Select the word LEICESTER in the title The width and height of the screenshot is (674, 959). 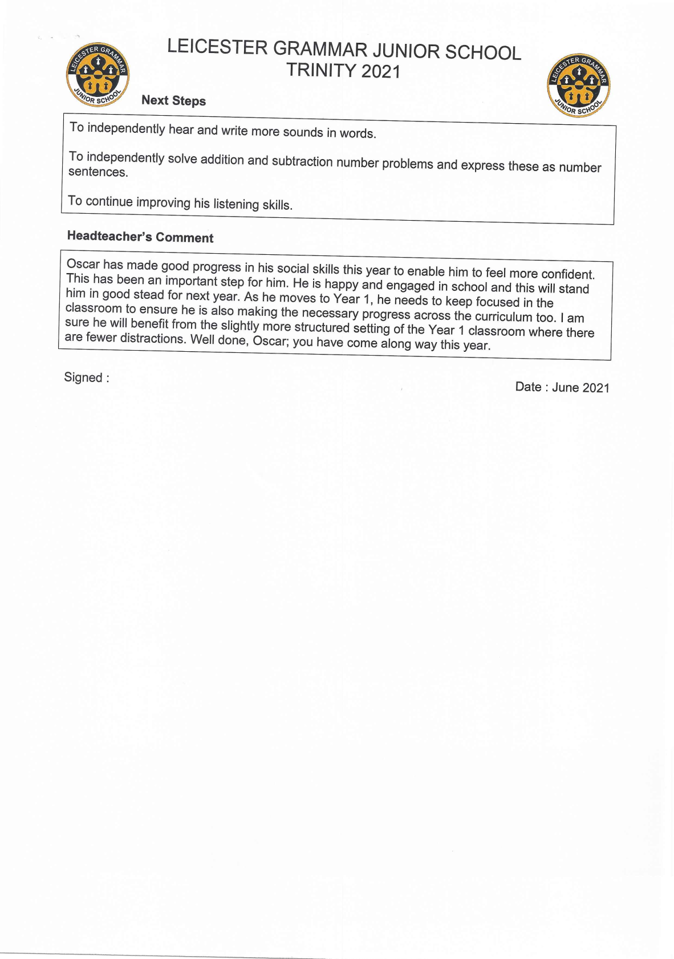click(217, 47)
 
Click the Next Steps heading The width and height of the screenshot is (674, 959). click(173, 100)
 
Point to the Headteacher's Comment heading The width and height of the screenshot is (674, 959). click(140, 237)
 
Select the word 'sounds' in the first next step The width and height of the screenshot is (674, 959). click(303, 132)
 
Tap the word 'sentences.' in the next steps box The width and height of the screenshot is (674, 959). click(98, 172)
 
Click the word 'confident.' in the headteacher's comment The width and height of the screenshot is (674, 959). click(568, 274)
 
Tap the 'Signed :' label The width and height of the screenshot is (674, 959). click(86, 377)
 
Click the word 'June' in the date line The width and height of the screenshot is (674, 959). click(565, 387)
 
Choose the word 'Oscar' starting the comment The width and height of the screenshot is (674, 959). click(83, 264)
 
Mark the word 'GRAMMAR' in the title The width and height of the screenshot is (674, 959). click(320, 49)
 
